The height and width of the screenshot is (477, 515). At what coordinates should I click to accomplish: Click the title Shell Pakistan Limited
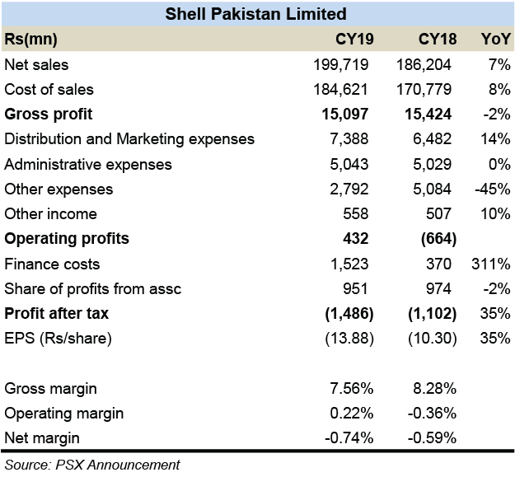(255, 13)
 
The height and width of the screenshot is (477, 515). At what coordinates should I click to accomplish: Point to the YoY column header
(494, 39)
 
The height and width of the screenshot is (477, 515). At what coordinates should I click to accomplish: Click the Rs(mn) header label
(30, 39)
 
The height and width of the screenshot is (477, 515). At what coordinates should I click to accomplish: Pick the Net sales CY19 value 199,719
(341, 64)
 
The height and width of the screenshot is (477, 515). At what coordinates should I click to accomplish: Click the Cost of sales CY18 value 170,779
(424, 89)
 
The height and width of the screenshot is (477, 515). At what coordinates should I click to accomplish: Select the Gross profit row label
(49, 114)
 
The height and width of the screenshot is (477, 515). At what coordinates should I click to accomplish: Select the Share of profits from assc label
(92, 288)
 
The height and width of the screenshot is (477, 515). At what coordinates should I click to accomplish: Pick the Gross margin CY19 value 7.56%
(346, 388)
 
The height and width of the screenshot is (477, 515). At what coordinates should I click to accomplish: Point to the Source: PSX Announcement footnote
(91, 464)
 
